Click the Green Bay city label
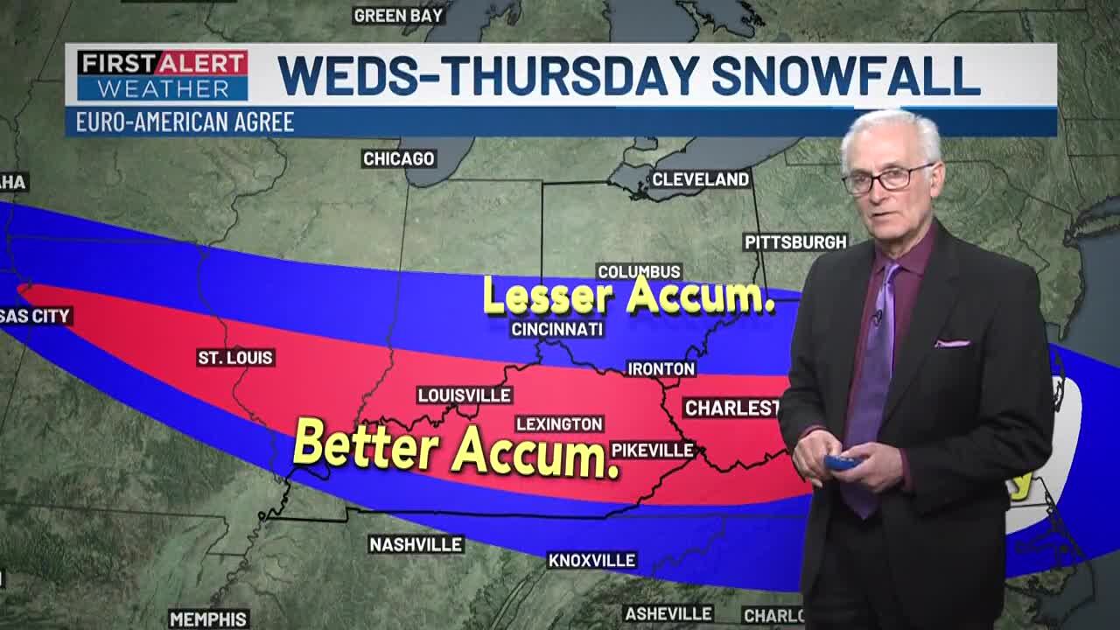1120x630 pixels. tap(398, 15)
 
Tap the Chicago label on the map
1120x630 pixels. tap(399, 158)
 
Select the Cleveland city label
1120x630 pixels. tap(701, 179)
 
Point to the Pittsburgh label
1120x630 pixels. tap(795, 241)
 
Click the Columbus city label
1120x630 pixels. tap(639, 271)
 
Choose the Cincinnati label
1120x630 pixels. tap(557, 329)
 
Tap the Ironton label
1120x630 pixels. tap(661, 369)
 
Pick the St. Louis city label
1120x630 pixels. tap(235, 357)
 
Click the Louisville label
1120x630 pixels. tap(464, 395)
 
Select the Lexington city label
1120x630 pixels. tap(559, 423)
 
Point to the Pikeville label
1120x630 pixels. tap(653, 451)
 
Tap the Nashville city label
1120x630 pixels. tap(416, 544)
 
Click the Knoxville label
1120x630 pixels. tap(592, 560)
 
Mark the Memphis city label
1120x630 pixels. tap(208, 619)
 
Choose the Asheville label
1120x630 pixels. tap(668, 613)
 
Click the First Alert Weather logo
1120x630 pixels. tap(162, 75)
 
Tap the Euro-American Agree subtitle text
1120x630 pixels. tap(185, 122)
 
